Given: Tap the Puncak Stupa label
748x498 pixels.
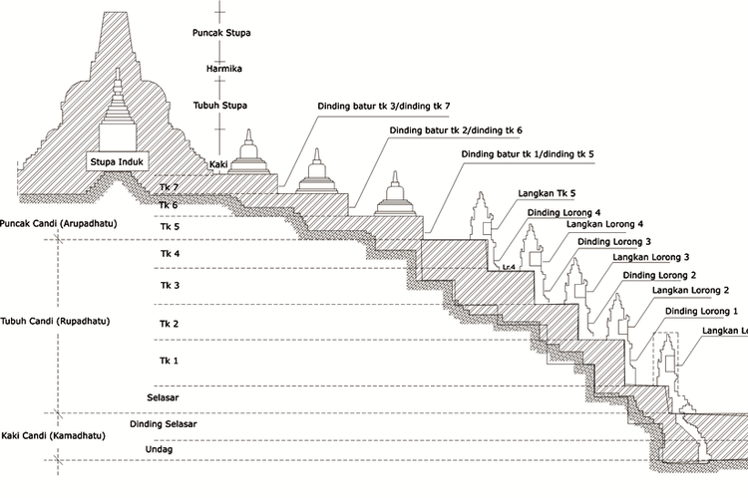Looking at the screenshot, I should pos(221,33).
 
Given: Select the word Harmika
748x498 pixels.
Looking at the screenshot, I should pos(221,70).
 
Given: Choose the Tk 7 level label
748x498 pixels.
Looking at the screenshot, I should pos(169,187).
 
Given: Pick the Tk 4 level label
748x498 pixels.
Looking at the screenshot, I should pos(169,254).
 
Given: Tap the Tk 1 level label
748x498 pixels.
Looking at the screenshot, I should pos(169,360).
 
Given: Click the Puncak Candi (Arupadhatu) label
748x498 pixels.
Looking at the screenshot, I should pos(59,224).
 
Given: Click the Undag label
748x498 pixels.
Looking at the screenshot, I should pos(163,451).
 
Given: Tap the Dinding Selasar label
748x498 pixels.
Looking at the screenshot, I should pos(164,425).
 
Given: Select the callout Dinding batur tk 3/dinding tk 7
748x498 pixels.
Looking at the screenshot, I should pos(384,106).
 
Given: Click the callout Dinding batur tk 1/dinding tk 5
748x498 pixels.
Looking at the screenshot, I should pos(528,155).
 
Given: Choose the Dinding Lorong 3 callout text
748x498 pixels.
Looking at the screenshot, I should pos(614,242).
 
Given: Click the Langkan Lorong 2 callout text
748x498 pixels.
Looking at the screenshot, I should pos(685,291).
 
